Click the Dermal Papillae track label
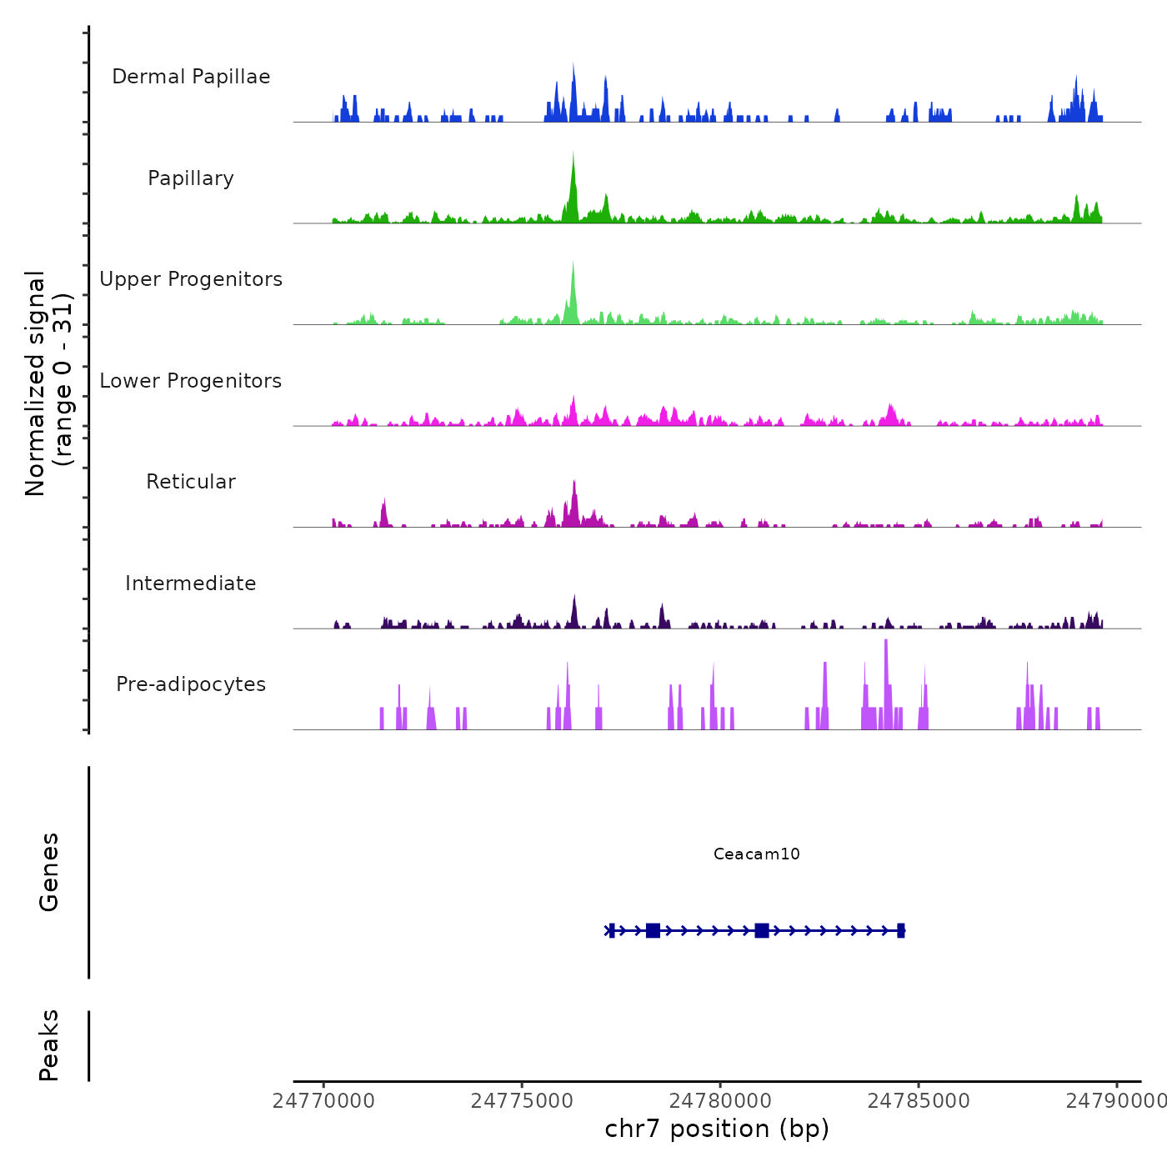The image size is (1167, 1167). [x=191, y=77]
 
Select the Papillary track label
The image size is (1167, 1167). [x=191, y=178]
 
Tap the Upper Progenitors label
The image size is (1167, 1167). [x=191, y=279]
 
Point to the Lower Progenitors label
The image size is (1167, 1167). [x=191, y=381]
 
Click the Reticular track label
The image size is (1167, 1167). [x=191, y=482]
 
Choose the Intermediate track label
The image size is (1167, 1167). [x=191, y=583]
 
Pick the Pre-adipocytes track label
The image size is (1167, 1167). [x=191, y=684]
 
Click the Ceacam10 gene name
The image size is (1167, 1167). [x=756, y=854]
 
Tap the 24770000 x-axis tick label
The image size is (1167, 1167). [x=323, y=1101]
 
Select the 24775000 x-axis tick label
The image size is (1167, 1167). [x=522, y=1101]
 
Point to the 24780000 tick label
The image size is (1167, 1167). [x=720, y=1101]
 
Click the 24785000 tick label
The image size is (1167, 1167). [x=919, y=1101]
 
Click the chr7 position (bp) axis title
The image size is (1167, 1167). [x=717, y=1129]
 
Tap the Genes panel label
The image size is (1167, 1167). [x=49, y=872]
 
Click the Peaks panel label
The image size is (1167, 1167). [x=49, y=1045]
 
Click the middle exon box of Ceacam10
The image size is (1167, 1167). [x=762, y=930]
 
